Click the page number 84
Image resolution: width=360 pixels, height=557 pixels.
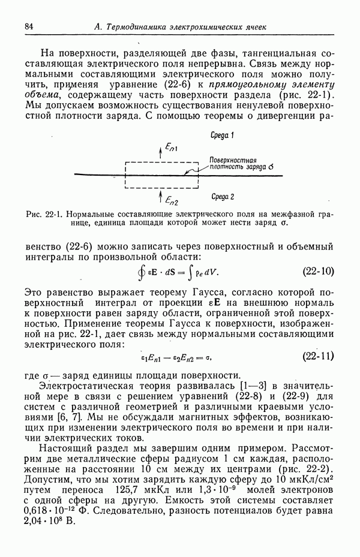click(x=29, y=27)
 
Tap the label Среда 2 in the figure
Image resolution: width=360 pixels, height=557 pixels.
click(x=223, y=196)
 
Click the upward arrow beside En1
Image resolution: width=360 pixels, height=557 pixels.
click(x=160, y=150)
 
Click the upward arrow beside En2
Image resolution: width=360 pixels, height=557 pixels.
click(x=160, y=197)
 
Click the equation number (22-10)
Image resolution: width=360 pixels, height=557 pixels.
click(x=317, y=270)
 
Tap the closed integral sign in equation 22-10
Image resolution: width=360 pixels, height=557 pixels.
click(x=142, y=271)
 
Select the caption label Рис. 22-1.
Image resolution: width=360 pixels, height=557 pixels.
click(x=46, y=214)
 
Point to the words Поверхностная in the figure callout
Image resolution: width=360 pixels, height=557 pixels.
click(x=233, y=160)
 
